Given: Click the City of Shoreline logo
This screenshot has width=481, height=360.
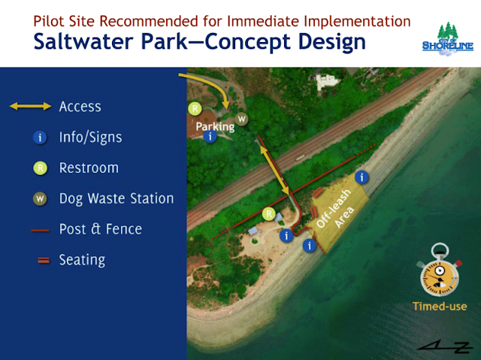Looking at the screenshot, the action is pyautogui.click(x=448, y=39).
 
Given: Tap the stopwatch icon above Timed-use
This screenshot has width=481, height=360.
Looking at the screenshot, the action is pyautogui.click(x=440, y=270).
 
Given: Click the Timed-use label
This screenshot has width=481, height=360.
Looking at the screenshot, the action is pyautogui.click(x=440, y=307).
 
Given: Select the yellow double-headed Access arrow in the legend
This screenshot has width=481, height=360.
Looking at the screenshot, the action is pyautogui.click(x=30, y=107).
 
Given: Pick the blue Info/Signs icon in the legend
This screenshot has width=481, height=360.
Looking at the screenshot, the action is pyautogui.click(x=40, y=138).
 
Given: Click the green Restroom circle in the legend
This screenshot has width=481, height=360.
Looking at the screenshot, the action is pyautogui.click(x=40, y=168).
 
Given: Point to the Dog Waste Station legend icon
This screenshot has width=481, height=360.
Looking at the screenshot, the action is pyautogui.click(x=40, y=198).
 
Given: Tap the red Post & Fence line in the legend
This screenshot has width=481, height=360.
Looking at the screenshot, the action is pyautogui.click(x=40, y=230).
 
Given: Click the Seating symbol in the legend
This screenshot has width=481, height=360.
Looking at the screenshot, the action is pyautogui.click(x=44, y=260).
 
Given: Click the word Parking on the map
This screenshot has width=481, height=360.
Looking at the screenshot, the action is pyautogui.click(x=215, y=127).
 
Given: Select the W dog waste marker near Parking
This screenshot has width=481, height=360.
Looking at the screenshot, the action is pyautogui.click(x=241, y=119).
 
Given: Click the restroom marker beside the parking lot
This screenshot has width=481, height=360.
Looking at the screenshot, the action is pyautogui.click(x=195, y=108).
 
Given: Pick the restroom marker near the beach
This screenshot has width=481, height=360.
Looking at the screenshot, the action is pyautogui.click(x=269, y=213).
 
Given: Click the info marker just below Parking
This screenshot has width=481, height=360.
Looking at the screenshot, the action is pyautogui.click(x=210, y=136).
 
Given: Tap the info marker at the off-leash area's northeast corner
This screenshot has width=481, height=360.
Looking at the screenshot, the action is pyautogui.click(x=362, y=177).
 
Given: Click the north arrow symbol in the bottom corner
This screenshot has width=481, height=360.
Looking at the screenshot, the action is pyautogui.click(x=445, y=346).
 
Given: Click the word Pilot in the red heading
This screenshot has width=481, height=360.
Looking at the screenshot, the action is pyautogui.click(x=49, y=21).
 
